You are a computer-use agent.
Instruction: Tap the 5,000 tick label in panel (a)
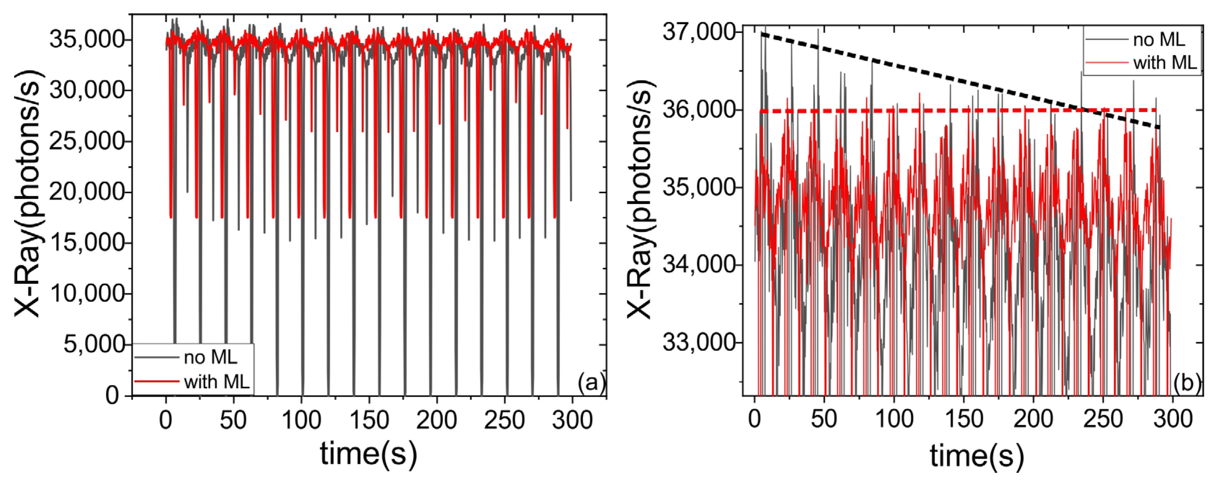94,344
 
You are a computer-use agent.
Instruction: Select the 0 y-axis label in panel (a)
112,395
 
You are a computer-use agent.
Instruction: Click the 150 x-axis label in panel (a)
369,420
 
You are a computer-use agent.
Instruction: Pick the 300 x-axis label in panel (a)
572,420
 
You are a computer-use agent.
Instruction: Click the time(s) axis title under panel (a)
369,454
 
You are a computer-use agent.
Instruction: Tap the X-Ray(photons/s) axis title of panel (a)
27,193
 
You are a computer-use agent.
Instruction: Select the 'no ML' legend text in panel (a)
210,358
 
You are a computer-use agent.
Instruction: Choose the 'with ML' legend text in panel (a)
216,382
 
